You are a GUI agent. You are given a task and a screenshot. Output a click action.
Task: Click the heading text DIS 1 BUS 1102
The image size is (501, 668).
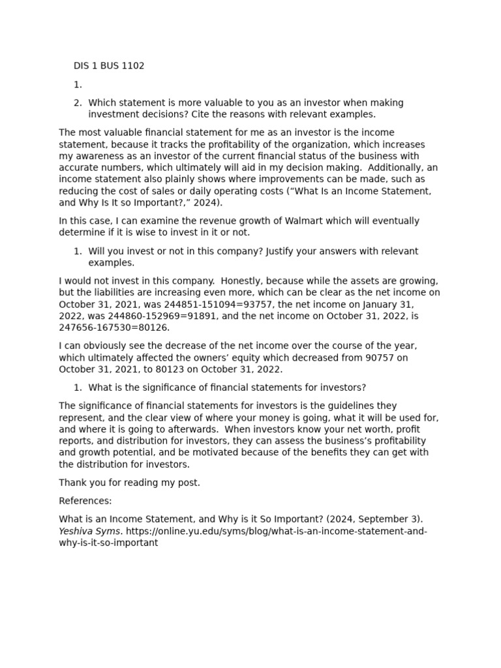109,66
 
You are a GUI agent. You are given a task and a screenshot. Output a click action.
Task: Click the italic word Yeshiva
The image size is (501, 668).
76,531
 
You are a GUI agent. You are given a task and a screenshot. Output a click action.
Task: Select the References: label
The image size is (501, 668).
85,501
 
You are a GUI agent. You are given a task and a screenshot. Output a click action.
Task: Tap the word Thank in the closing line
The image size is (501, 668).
72,483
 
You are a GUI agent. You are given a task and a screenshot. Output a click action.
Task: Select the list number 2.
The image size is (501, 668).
78,102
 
